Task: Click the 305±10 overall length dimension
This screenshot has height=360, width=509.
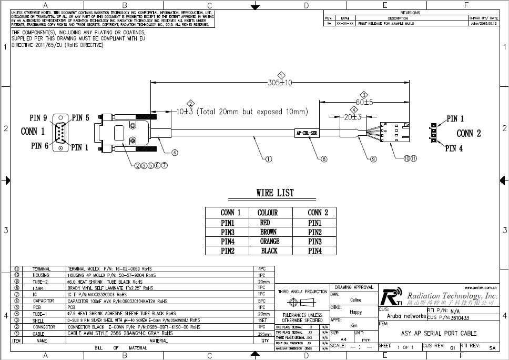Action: pos(280,83)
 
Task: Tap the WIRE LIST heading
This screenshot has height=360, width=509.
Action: pos(275,193)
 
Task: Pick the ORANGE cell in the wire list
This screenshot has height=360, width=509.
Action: pos(269,241)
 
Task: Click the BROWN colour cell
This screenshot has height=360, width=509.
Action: pos(269,232)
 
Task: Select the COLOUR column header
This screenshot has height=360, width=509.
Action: pos(268,213)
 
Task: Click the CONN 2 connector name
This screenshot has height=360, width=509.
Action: pos(469,133)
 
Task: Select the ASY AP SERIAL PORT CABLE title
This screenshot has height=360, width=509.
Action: pos(439,333)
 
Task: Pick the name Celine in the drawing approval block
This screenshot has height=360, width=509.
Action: pos(355,300)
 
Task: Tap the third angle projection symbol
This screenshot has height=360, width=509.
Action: pos(302,303)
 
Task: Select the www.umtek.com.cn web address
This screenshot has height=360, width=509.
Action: pos(480,287)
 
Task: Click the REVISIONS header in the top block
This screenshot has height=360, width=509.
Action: pos(411,13)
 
